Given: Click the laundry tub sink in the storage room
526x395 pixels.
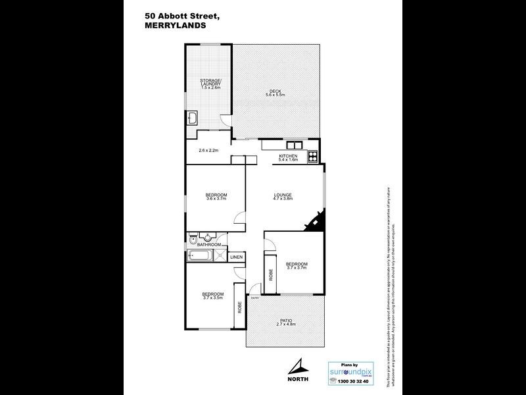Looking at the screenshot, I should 193,118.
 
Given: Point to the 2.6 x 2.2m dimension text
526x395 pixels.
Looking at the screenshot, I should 208,151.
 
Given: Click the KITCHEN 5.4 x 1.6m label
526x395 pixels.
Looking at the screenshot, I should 289,157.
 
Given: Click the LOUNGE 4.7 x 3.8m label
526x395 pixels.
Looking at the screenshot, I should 283,197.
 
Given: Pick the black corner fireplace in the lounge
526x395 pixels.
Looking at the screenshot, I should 316,221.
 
